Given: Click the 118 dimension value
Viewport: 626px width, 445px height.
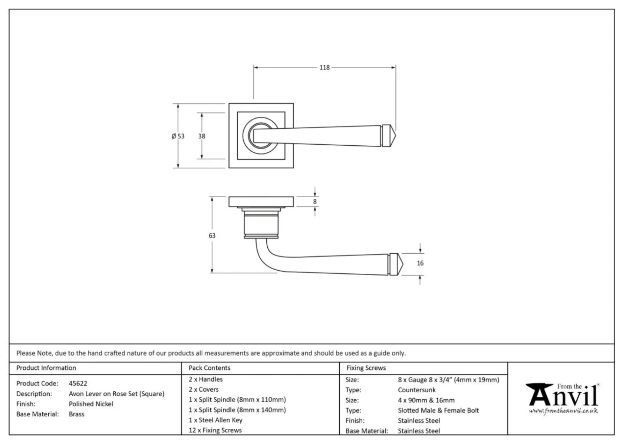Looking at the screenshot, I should [324, 67].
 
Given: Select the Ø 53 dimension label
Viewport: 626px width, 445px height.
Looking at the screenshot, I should [178, 136].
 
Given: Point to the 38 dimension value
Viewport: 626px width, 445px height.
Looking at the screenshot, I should [201, 136].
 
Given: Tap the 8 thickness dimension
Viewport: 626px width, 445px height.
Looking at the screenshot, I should [315, 202].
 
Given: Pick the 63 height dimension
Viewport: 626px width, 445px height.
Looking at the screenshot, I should [212, 235].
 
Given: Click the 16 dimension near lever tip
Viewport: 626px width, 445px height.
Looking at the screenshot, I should [420, 263].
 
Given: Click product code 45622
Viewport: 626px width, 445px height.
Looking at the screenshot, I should [78, 383].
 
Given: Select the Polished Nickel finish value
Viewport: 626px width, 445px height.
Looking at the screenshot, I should [91, 404].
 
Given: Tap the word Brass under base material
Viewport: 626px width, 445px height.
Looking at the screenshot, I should [76, 414].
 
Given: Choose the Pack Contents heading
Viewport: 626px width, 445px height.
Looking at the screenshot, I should [209, 368].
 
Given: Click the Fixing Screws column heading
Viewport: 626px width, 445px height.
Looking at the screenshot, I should [366, 368].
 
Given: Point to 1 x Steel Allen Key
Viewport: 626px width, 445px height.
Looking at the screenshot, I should [215, 420].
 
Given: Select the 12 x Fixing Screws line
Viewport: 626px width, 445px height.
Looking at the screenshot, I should [215, 430].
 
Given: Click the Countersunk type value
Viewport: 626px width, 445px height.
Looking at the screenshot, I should [416, 390].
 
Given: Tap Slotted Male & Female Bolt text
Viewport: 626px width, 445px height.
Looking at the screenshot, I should [438, 411].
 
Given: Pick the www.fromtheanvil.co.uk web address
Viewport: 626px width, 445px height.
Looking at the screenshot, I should [563, 411].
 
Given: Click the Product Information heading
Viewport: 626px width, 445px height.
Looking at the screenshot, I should [46, 368].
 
